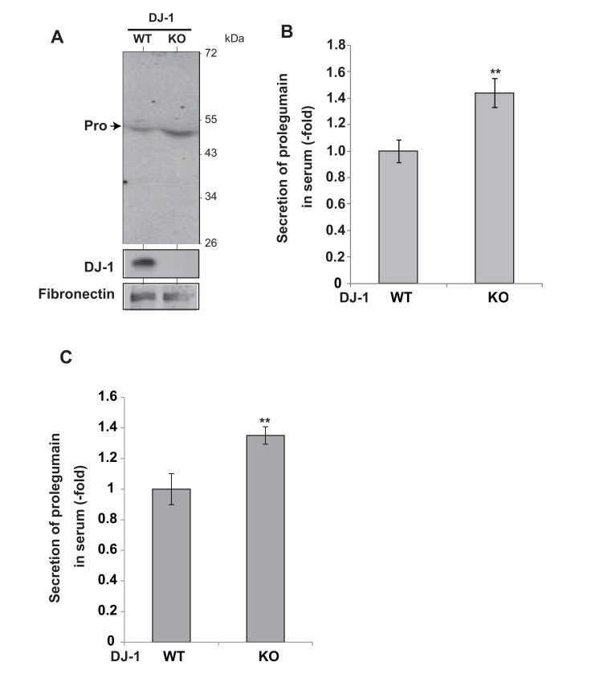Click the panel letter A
click(56, 36)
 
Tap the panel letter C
click(67, 357)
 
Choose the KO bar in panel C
click(265, 538)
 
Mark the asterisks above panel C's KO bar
click(265, 421)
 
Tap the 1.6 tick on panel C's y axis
click(107, 397)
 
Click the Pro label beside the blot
click(95, 126)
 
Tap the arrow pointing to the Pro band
click(115, 126)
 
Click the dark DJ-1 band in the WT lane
click(143, 263)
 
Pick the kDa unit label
click(234, 38)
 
